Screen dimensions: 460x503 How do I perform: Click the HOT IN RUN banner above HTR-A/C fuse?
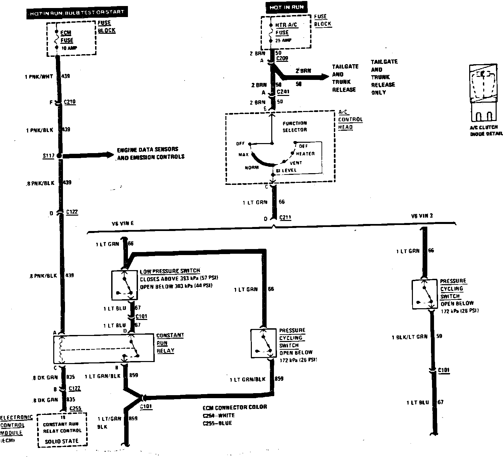pos(286,7)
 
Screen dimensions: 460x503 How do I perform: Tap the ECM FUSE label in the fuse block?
pos(67,37)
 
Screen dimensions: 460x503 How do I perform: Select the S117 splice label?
pos(48,156)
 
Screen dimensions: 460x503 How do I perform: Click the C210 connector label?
pos(70,102)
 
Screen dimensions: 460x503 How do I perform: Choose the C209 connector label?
pos(282,59)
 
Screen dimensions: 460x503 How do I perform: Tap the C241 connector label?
pos(283,92)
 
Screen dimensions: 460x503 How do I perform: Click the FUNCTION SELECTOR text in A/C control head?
pos(294,126)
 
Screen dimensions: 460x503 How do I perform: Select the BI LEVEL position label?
pos(286,170)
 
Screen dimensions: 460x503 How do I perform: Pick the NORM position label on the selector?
pos(251,167)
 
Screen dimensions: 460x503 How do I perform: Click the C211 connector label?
pos(285,218)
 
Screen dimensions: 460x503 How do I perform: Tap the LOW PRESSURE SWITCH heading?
pos(170,271)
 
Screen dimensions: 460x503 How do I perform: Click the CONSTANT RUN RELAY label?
pos(170,343)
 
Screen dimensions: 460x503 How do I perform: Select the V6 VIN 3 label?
pos(422,216)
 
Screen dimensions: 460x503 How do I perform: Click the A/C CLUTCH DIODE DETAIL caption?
pos(486,130)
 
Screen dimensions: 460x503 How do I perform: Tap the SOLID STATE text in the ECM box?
pos(62,441)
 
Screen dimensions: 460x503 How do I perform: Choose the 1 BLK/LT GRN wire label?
pos(409,337)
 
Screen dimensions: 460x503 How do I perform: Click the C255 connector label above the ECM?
pos(75,409)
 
